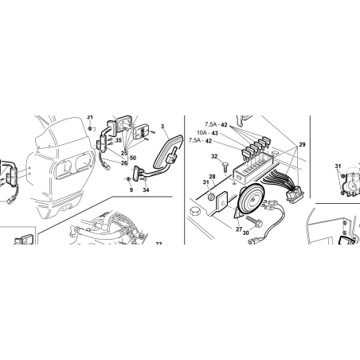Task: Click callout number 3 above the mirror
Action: (x=162, y=127)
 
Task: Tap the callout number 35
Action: (x=118, y=139)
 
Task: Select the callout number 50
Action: (x=133, y=158)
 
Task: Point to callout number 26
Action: (x=124, y=163)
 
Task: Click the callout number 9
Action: (x=131, y=190)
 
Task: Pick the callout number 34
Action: (x=146, y=190)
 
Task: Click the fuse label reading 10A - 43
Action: (x=207, y=133)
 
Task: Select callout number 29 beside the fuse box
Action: (x=302, y=144)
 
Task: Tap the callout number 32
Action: (x=214, y=156)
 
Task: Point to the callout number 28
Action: (x=212, y=177)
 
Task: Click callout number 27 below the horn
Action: (x=239, y=229)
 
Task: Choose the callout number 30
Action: (x=246, y=233)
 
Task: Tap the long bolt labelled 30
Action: (x=254, y=221)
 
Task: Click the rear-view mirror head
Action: (x=168, y=151)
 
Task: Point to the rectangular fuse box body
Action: (x=253, y=168)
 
